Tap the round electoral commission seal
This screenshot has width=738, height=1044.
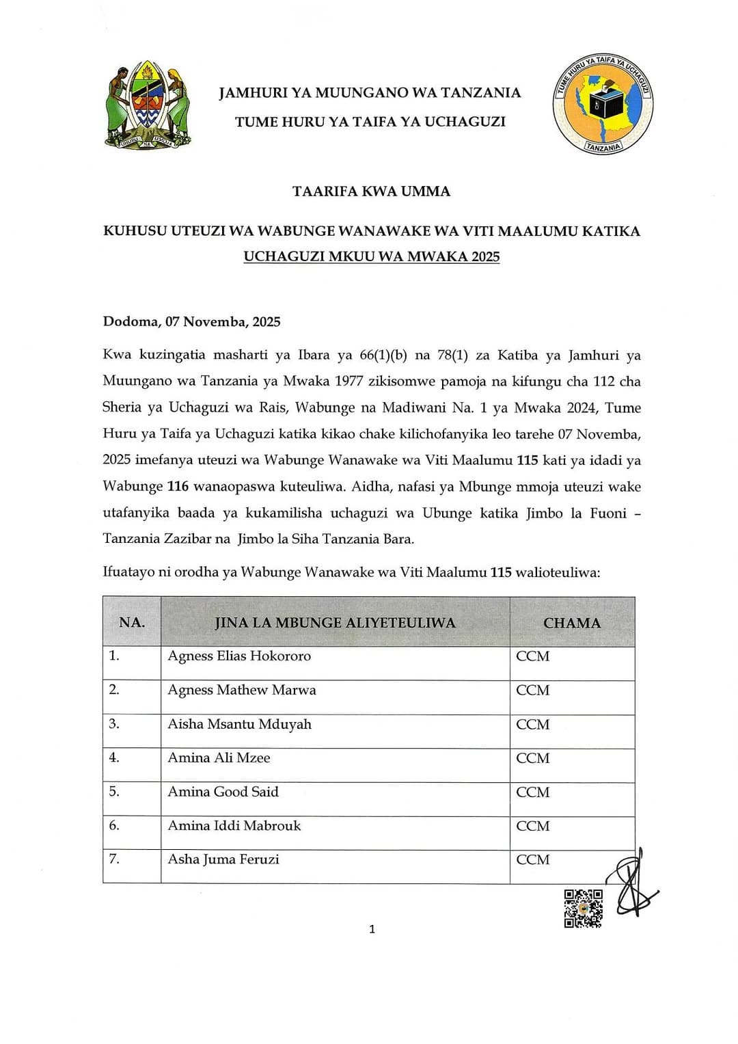point(602,103)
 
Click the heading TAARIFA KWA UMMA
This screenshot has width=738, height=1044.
point(371,191)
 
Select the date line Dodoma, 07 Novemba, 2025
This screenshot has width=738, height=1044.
point(191,322)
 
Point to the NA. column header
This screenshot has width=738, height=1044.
point(132,622)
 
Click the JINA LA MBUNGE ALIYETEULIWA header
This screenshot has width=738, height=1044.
point(335,622)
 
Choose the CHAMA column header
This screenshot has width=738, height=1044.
point(572,623)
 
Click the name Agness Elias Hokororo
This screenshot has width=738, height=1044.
point(239,656)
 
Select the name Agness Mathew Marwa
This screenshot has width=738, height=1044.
point(242,690)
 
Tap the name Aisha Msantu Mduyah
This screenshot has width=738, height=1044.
point(239,724)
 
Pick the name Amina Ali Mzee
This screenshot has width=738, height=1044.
point(219,758)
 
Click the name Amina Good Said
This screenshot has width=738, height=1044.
point(223,792)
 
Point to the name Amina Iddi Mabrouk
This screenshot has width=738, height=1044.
point(234,826)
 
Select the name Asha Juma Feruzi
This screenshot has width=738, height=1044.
point(223,859)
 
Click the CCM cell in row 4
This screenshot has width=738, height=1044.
point(533,758)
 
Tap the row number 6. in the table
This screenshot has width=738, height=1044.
point(114,825)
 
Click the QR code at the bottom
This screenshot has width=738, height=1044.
point(583,909)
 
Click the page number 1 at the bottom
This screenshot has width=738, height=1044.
point(372,929)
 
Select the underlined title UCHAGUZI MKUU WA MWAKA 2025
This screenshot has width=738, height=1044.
point(371,257)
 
